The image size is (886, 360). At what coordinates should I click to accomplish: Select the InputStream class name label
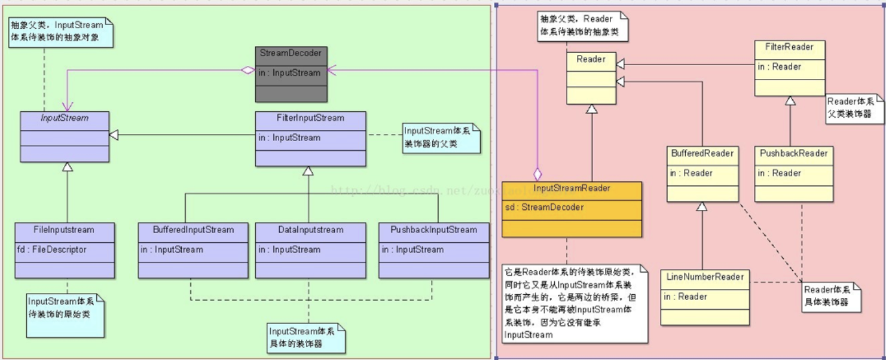(x=65, y=118)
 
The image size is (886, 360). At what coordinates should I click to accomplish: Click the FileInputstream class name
(x=64, y=230)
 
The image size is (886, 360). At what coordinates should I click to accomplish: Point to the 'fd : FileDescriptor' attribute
(x=52, y=249)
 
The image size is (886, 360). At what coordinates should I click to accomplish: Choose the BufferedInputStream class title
(x=193, y=230)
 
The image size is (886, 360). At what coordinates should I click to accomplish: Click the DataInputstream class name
(x=310, y=230)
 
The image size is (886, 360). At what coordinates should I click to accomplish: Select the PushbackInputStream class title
(x=433, y=230)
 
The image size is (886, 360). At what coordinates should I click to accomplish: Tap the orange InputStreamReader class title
(x=572, y=188)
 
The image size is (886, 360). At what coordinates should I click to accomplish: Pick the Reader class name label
(x=591, y=59)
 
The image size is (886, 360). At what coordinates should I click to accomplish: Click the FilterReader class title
(x=789, y=47)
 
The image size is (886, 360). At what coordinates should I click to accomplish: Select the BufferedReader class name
(x=702, y=153)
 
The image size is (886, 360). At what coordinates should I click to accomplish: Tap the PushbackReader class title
(x=793, y=153)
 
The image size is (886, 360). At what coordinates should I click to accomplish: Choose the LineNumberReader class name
(x=705, y=277)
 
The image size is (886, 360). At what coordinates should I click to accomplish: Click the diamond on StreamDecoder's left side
(x=248, y=71)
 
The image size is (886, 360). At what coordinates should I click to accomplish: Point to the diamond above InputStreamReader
(x=537, y=174)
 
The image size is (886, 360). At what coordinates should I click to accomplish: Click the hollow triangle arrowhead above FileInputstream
(x=68, y=167)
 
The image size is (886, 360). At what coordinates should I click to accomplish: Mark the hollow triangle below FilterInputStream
(x=308, y=171)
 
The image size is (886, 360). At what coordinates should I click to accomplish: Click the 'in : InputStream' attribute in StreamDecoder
(x=290, y=73)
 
